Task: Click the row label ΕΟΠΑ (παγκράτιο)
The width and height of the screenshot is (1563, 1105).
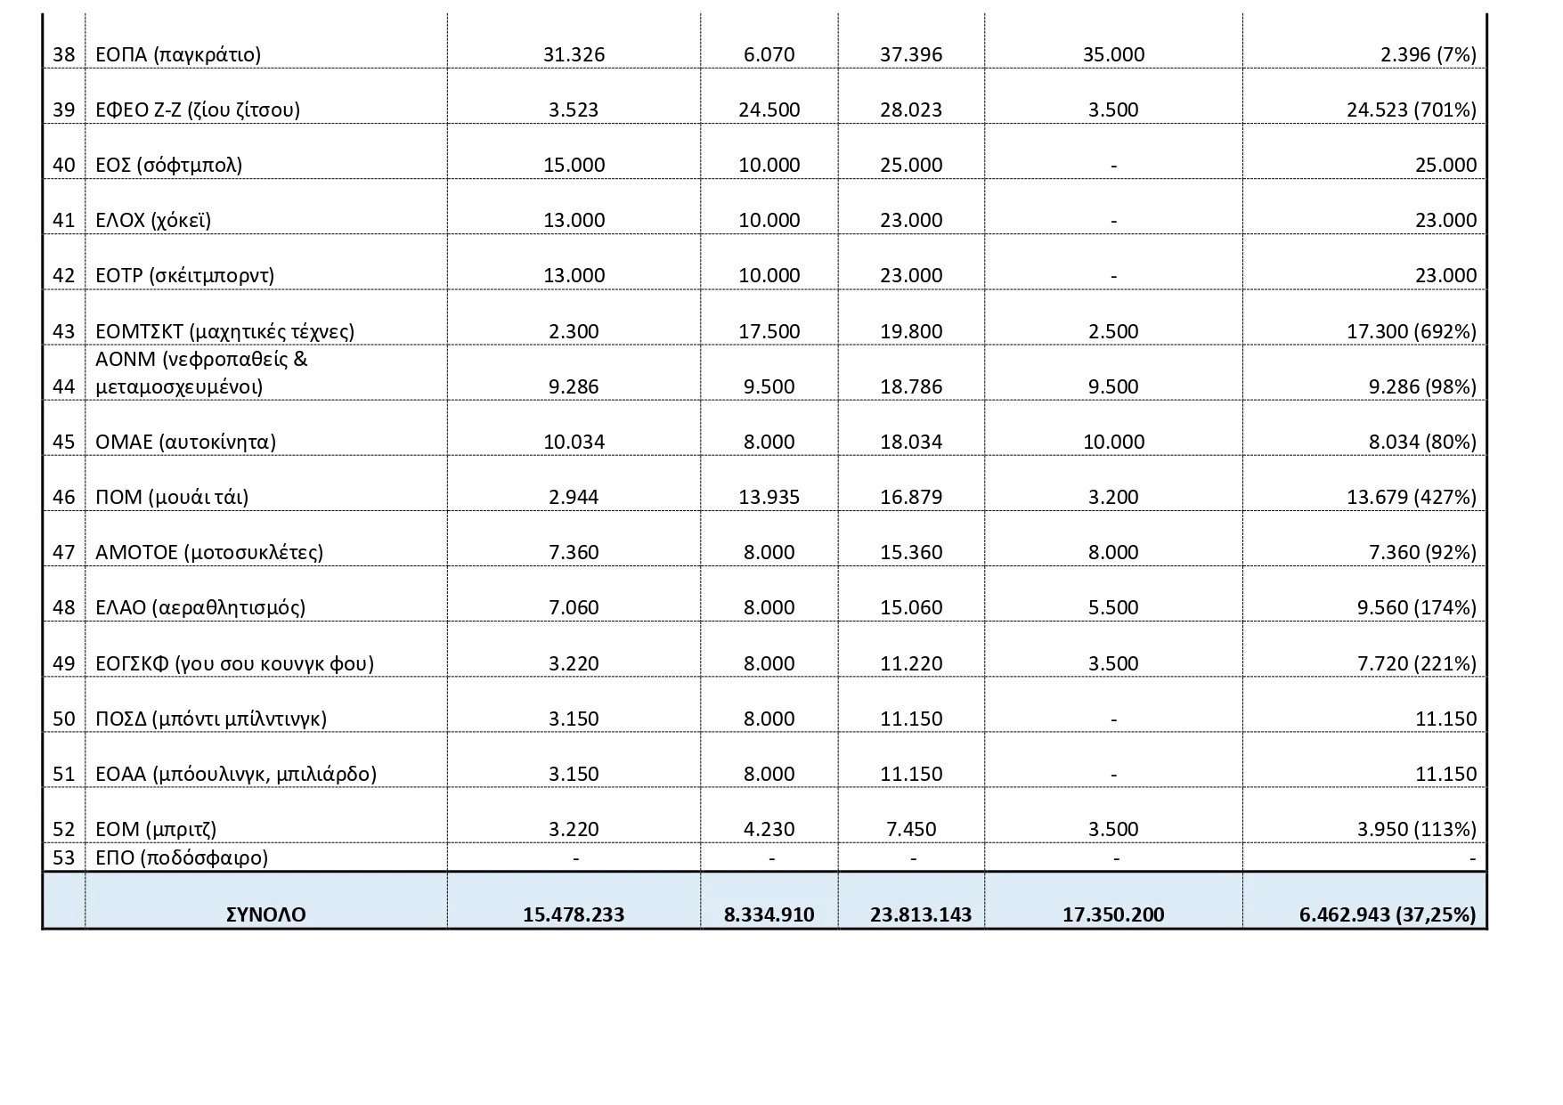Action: click(x=178, y=55)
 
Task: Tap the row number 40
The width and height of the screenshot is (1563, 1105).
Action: click(x=63, y=166)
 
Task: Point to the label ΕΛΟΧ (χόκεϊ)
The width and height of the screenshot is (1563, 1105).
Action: click(x=153, y=221)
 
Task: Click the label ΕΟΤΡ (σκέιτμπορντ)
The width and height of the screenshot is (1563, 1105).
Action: click(x=184, y=276)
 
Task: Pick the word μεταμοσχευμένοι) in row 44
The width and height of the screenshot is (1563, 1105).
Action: click(x=179, y=387)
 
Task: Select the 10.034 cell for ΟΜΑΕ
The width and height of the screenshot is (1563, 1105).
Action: click(x=574, y=443)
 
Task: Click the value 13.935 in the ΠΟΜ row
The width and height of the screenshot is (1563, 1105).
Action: click(x=769, y=498)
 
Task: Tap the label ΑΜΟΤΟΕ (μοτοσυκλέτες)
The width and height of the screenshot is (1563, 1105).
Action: click(x=209, y=553)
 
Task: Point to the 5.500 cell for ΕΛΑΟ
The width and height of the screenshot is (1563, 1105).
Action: click(x=1113, y=608)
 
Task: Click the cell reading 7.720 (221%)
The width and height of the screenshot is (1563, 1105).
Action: click(x=1414, y=664)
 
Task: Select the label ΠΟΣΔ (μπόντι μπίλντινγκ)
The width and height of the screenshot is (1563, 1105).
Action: click(x=211, y=719)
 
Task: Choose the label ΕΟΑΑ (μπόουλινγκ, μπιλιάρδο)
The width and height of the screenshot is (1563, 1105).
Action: click(x=236, y=775)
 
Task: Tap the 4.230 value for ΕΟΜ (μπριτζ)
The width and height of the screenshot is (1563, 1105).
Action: click(x=769, y=830)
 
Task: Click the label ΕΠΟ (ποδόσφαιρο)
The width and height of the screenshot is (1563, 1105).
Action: click(x=182, y=858)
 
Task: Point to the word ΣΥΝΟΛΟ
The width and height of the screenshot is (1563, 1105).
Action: click(x=266, y=914)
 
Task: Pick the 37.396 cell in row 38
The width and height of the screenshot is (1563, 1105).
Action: click(x=911, y=55)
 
